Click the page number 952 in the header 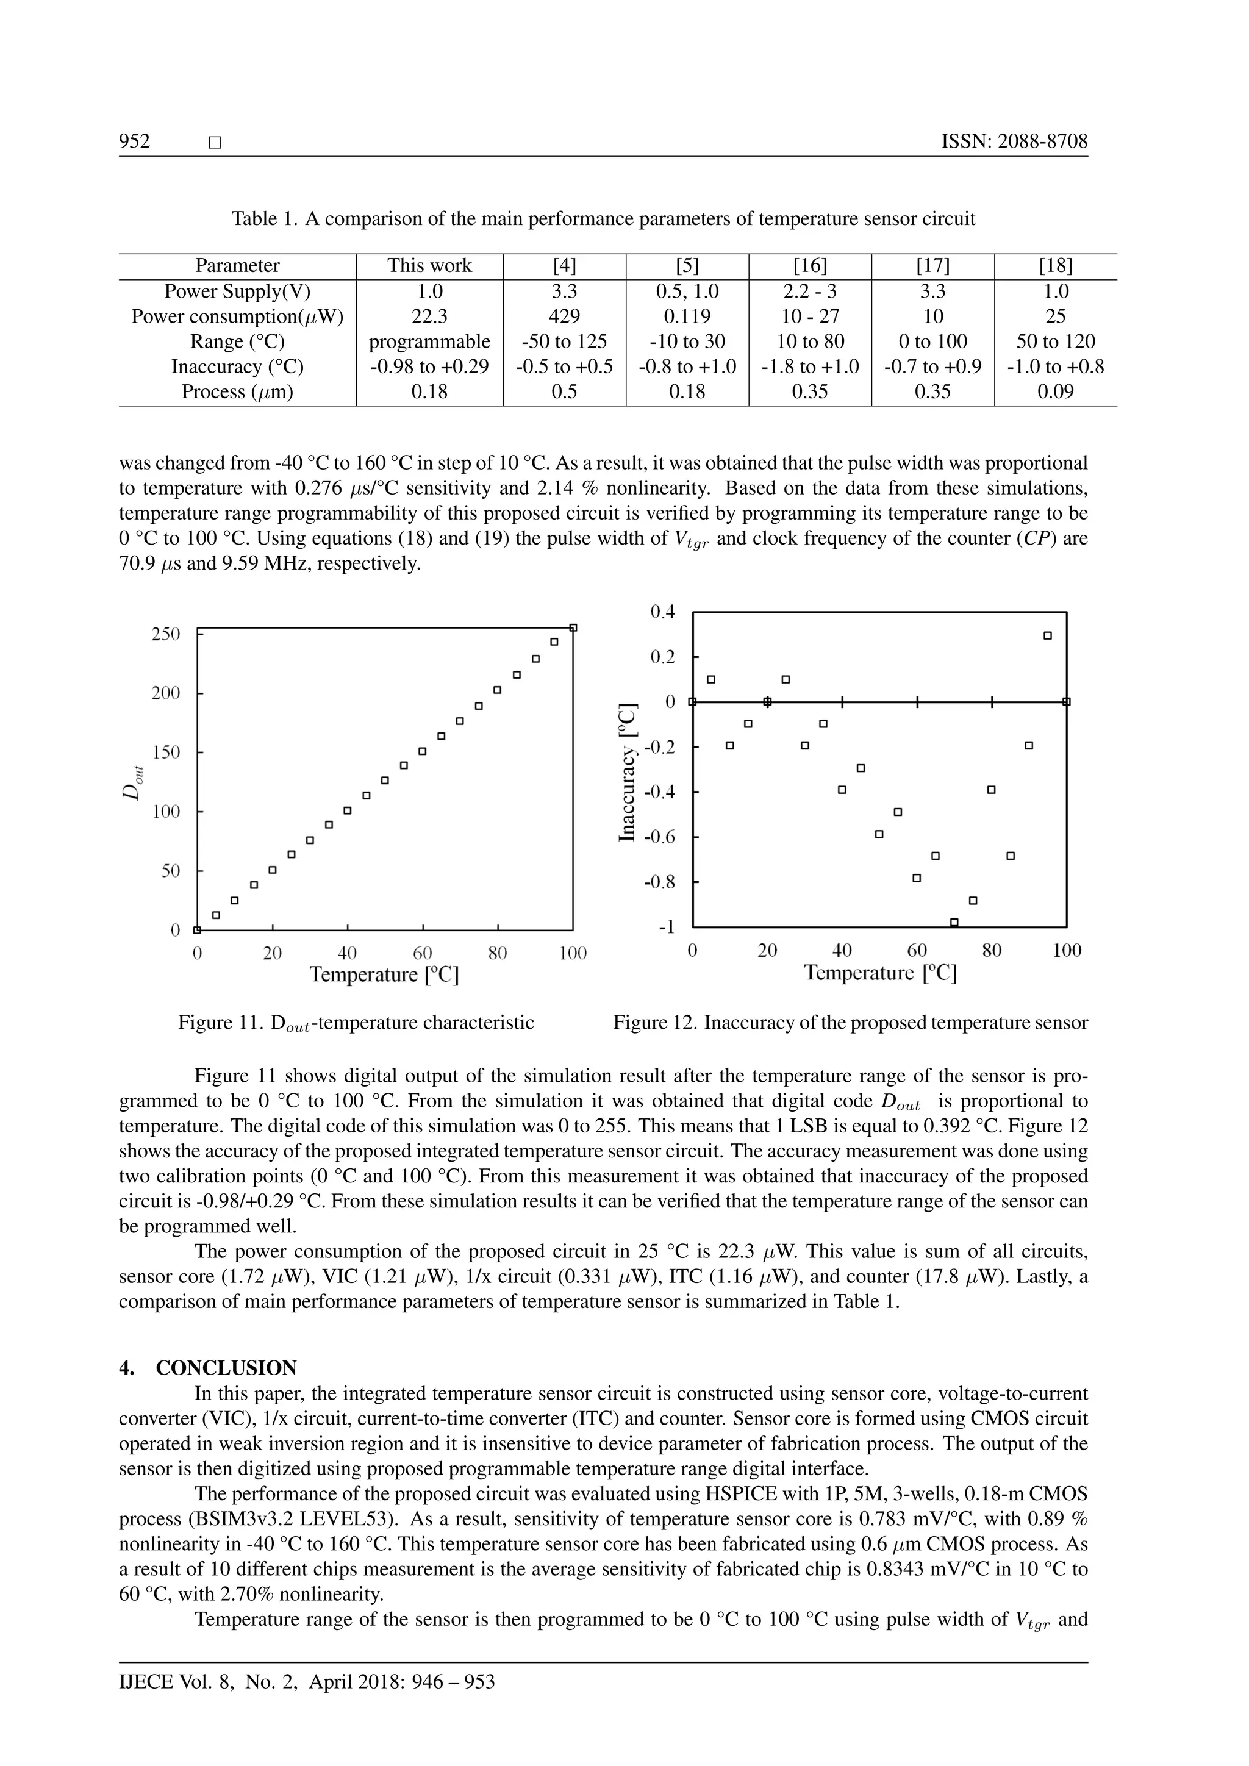coord(135,141)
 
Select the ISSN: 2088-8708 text coord(1014,141)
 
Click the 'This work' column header coord(429,265)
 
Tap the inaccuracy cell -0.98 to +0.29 coord(429,366)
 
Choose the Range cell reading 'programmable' coord(429,341)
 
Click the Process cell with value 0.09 coord(1055,391)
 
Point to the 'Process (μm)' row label coord(237,391)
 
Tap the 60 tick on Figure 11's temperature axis coord(422,953)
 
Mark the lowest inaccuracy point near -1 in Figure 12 coord(954,921)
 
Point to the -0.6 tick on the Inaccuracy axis coord(659,837)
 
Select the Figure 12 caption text coord(850,1022)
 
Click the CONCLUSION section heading coord(226,1368)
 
